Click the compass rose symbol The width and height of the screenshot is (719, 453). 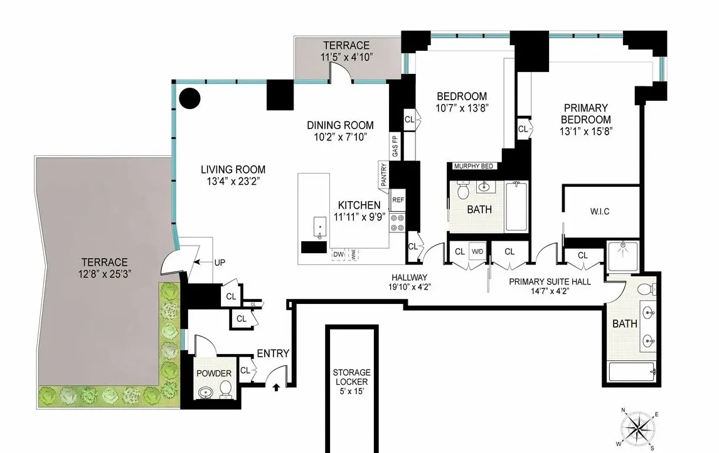639,428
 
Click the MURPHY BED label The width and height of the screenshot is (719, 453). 474,166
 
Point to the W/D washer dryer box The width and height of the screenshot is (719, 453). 478,252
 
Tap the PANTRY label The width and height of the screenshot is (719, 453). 383,175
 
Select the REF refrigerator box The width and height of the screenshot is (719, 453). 398,200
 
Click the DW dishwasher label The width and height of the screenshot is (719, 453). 339,254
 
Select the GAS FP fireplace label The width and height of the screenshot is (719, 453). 395,147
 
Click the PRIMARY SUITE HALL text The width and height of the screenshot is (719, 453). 550,283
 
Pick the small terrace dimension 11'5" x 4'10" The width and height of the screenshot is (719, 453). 346,57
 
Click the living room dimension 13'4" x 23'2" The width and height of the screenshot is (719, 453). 233,182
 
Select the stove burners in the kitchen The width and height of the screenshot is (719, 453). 398,220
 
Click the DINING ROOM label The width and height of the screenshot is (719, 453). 339,125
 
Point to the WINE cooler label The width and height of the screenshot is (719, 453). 354,255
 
